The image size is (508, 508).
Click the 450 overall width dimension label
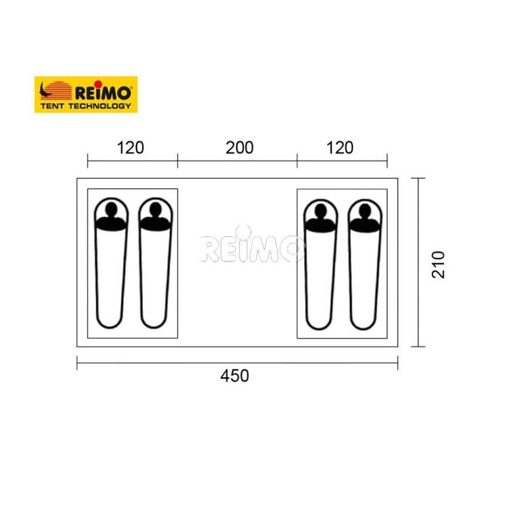point(234,376)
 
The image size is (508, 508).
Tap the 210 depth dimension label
point(438,264)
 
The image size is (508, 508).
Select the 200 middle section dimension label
point(239,148)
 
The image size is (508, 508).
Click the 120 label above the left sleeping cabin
point(130,148)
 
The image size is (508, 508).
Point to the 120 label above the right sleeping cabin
point(340,148)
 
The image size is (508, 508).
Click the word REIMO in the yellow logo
point(103,93)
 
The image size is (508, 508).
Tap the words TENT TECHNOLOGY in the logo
point(86,106)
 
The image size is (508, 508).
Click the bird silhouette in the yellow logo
point(44,91)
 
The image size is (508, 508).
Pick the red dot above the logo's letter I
point(98,84)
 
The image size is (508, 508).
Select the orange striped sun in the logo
point(58,90)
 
